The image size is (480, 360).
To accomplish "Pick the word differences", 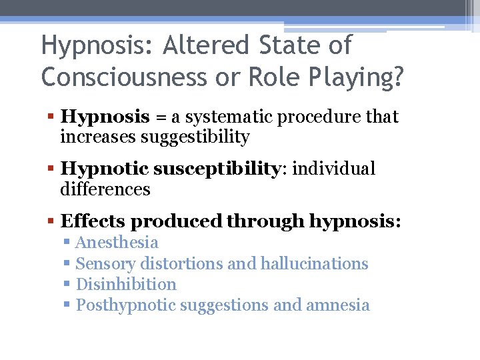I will pos(105,189).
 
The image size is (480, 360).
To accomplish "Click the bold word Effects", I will pos(91,221).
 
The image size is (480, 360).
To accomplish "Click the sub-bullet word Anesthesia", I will pos(117,243).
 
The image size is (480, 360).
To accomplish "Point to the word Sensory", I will pos(105,264).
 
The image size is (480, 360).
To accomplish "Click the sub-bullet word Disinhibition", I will pos(127,285).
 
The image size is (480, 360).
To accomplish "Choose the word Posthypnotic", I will pos(126,305).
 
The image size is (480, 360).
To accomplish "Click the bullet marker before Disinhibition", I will pos(67,285).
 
